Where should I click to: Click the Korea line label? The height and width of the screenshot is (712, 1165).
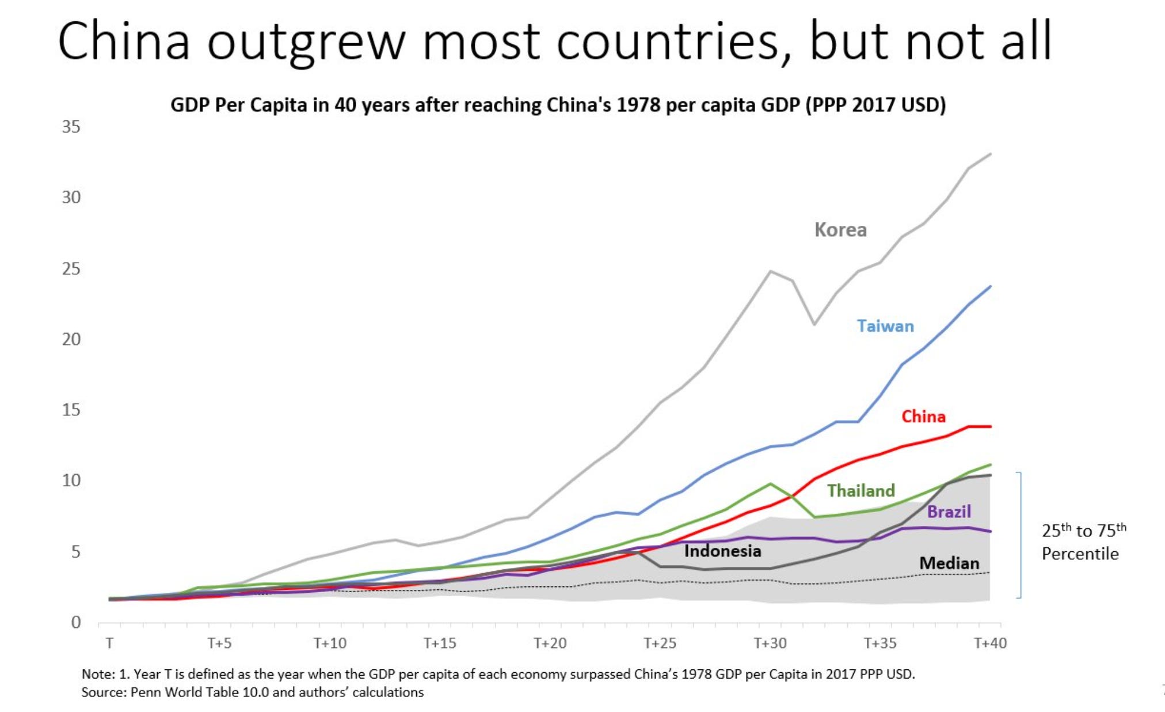click(840, 230)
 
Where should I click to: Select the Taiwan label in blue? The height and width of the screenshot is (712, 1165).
click(885, 326)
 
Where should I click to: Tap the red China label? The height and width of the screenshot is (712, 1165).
click(923, 416)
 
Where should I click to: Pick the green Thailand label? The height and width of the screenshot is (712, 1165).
click(861, 491)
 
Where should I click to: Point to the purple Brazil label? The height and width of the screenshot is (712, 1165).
click(949, 512)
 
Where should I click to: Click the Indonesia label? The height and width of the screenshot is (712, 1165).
click(722, 551)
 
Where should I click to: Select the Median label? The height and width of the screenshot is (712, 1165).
click(949, 563)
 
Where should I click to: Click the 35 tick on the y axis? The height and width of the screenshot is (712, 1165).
click(71, 127)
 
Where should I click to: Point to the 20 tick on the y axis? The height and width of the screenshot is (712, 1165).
click(71, 339)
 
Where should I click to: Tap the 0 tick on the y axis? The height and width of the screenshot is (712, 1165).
click(75, 622)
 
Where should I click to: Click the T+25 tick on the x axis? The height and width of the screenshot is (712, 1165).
click(660, 643)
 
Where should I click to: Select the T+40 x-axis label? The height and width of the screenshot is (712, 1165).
click(989, 643)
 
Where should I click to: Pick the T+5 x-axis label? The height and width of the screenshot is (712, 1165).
click(219, 643)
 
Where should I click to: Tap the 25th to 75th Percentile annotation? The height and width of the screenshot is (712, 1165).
click(1083, 542)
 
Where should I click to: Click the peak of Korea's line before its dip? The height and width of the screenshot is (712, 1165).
click(770, 271)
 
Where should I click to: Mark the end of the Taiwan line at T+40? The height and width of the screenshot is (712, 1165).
click(990, 286)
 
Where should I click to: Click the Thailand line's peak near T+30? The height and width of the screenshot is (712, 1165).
click(770, 484)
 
